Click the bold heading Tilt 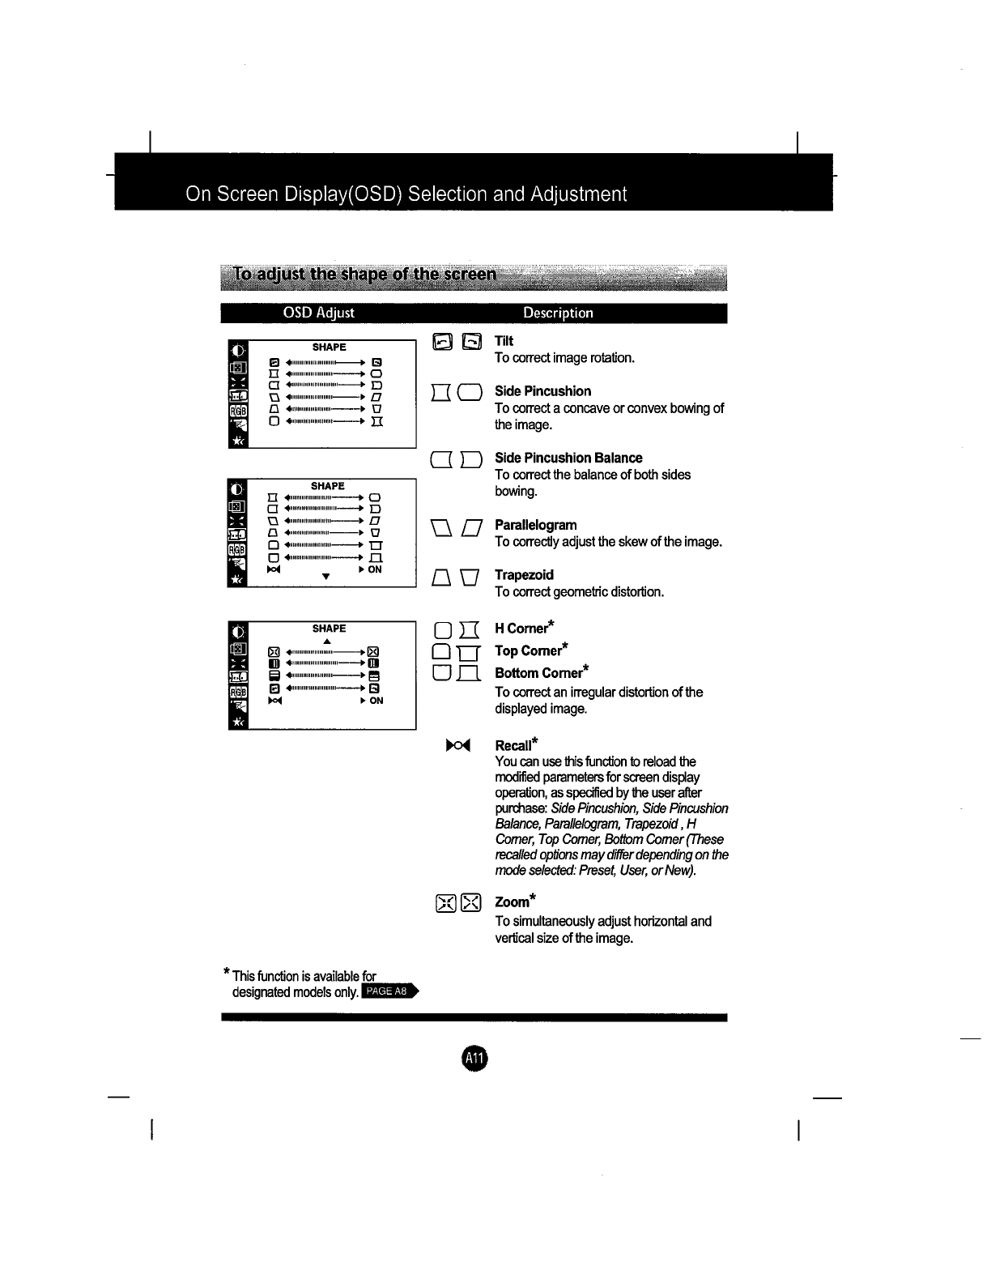(x=504, y=341)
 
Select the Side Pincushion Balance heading (x=568, y=458)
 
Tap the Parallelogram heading (x=535, y=525)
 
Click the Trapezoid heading (x=524, y=575)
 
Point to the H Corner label (x=521, y=629)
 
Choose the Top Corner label (x=529, y=650)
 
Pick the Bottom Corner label (x=538, y=673)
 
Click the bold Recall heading (x=513, y=745)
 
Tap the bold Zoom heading (x=512, y=902)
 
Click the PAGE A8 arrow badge (x=389, y=991)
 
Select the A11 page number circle (x=474, y=1057)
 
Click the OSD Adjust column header (x=318, y=313)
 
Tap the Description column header (x=558, y=313)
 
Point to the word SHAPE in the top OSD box (x=329, y=347)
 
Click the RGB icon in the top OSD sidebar (x=238, y=411)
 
